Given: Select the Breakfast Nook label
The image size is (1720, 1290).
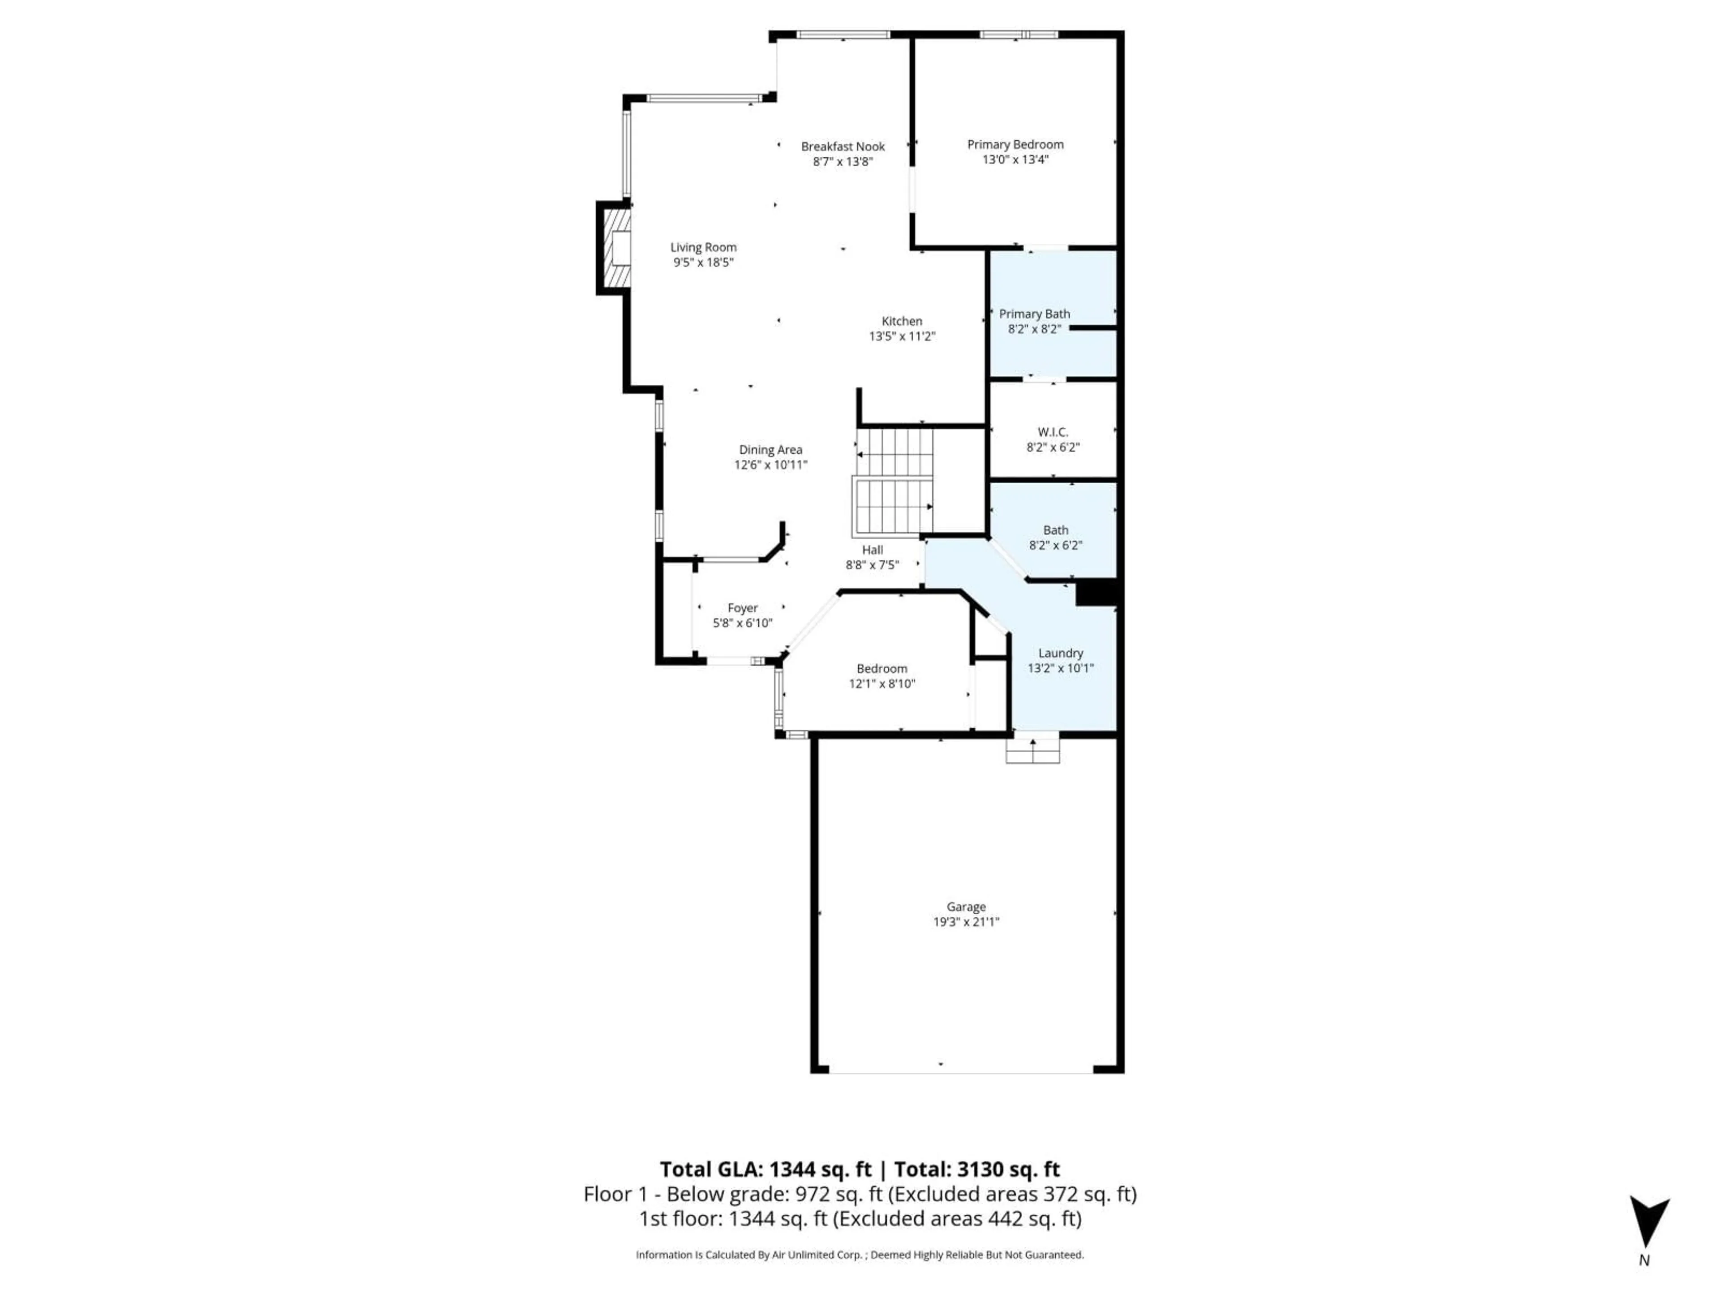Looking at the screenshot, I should point(843,146).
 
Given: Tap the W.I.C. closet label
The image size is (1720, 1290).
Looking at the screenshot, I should point(1053,431).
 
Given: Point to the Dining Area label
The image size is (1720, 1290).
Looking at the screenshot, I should point(770,449).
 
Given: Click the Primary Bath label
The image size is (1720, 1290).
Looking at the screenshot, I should point(1034,314).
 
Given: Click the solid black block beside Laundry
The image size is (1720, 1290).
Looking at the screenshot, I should point(1096,593).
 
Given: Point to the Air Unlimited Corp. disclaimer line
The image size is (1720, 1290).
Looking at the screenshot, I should point(859,1254).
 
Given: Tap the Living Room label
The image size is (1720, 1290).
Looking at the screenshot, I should point(703,247).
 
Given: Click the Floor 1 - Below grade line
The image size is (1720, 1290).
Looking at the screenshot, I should point(859,1194).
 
